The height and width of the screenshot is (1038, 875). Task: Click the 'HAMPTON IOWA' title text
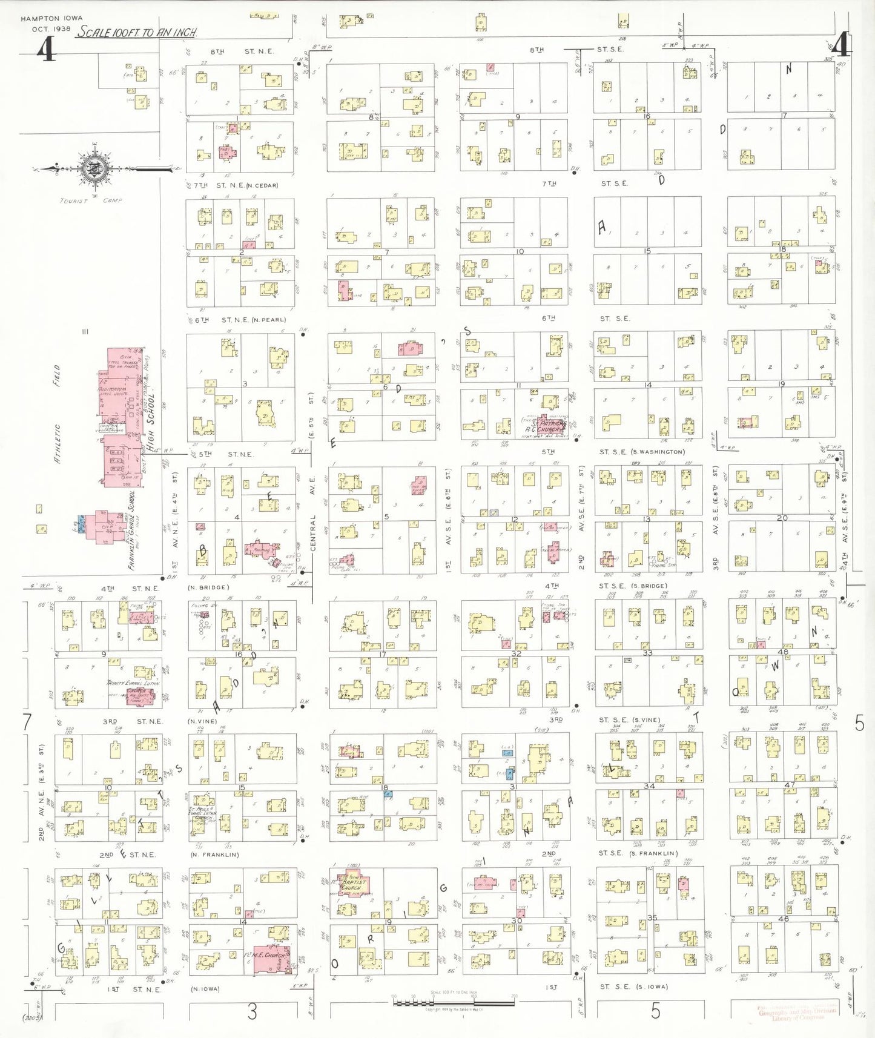[51, 19]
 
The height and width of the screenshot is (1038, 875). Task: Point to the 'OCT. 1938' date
[51, 28]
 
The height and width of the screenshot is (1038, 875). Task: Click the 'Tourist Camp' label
[90, 200]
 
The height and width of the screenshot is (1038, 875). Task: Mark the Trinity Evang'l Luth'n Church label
[133, 687]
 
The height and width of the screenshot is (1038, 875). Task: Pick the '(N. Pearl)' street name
[270, 320]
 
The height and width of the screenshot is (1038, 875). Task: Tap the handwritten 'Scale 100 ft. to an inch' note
[136, 33]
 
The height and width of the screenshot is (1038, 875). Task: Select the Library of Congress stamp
[797, 1013]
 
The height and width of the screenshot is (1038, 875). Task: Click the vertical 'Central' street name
[313, 533]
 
